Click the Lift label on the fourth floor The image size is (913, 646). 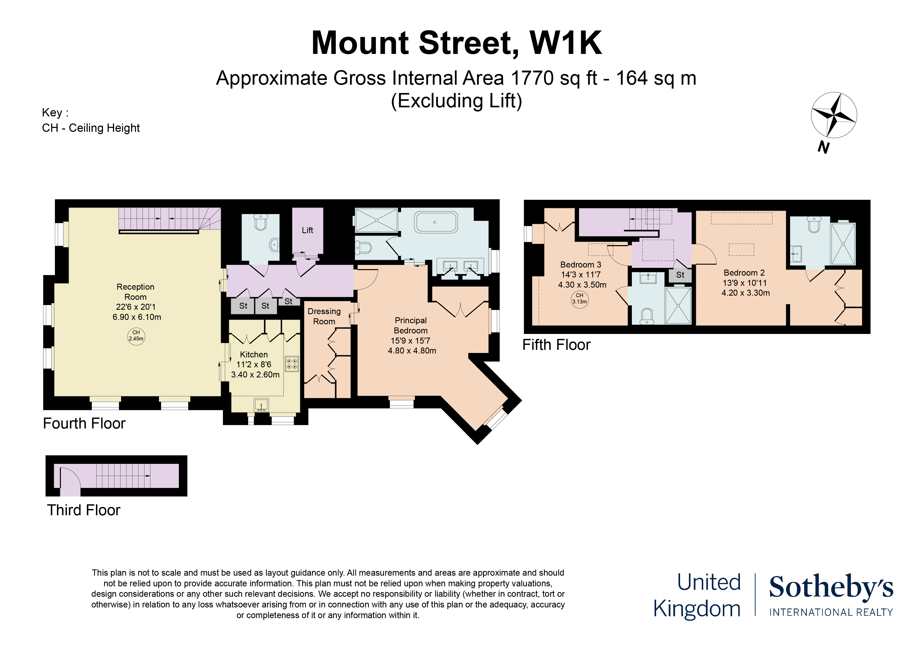pyautogui.click(x=307, y=230)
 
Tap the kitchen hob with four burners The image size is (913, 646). pyautogui.click(x=291, y=363)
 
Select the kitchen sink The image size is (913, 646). pyautogui.click(x=261, y=404)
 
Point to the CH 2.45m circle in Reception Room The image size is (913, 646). pyautogui.click(x=136, y=336)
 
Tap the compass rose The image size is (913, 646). pyautogui.click(x=833, y=115)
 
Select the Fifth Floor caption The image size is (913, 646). pyautogui.click(x=556, y=345)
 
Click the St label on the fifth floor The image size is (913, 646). pyautogui.click(x=680, y=275)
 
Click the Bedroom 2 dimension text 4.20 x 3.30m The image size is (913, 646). pyautogui.click(x=746, y=293)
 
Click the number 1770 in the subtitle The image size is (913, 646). pyautogui.click(x=532, y=78)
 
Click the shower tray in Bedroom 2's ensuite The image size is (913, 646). pyautogui.click(x=843, y=243)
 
